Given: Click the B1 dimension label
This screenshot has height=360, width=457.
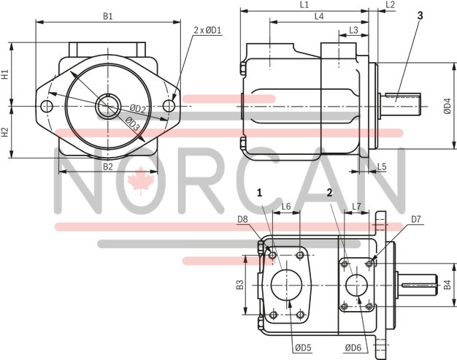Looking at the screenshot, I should pos(107,15).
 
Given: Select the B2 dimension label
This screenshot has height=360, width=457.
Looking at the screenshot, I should pos(107,166).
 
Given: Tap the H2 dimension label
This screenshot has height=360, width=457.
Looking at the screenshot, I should pos(5,132).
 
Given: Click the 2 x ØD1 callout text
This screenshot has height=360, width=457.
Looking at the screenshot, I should pos(208,30).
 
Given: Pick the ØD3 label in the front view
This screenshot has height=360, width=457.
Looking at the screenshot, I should pos(131,123).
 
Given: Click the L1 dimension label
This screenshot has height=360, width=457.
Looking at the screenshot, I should pos(304,5).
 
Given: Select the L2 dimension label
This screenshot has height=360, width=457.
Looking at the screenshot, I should pos(390,5).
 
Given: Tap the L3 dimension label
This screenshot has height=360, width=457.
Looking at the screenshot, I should pos(353,30).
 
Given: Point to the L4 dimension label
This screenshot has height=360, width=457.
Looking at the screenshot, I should pos(318,16).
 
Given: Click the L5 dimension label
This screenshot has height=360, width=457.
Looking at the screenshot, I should pos(381,166).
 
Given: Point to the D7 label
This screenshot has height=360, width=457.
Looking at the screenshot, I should pos(416,218).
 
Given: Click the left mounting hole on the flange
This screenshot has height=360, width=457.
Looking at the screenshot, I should pos(48,107).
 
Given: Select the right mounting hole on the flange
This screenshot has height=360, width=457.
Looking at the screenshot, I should pos(169,107).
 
